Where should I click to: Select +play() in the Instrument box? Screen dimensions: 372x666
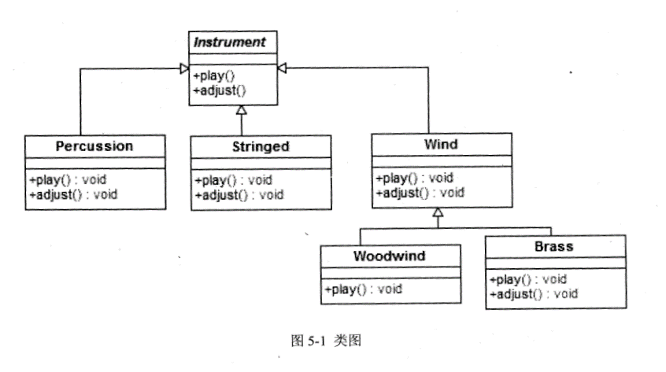pyautogui.click(x=214, y=76)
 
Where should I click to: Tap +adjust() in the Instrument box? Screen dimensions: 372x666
pyautogui.click(x=220, y=90)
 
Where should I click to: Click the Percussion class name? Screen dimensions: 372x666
pyautogui.click(x=94, y=145)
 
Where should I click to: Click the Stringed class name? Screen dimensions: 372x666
pyautogui.click(x=261, y=146)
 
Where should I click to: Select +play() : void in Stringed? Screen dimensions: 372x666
pyautogui.click(x=233, y=179)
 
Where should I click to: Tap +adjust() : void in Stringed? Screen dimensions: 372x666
pyautogui.click(x=239, y=193)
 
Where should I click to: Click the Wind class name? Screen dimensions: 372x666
pyautogui.click(x=441, y=145)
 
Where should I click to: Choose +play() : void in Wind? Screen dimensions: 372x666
pyautogui.click(x=414, y=177)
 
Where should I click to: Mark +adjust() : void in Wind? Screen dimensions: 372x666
pyautogui.click(x=420, y=191)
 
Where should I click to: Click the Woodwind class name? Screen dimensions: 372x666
pyautogui.click(x=390, y=256)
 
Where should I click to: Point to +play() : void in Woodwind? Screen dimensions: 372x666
pyautogui.click(x=363, y=289)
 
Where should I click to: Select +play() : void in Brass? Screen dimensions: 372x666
pyautogui.click(x=528, y=279)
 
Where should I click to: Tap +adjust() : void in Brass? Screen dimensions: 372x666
pyautogui.click(x=534, y=293)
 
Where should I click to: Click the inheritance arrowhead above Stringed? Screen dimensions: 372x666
pyautogui.click(x=242, y=111)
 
